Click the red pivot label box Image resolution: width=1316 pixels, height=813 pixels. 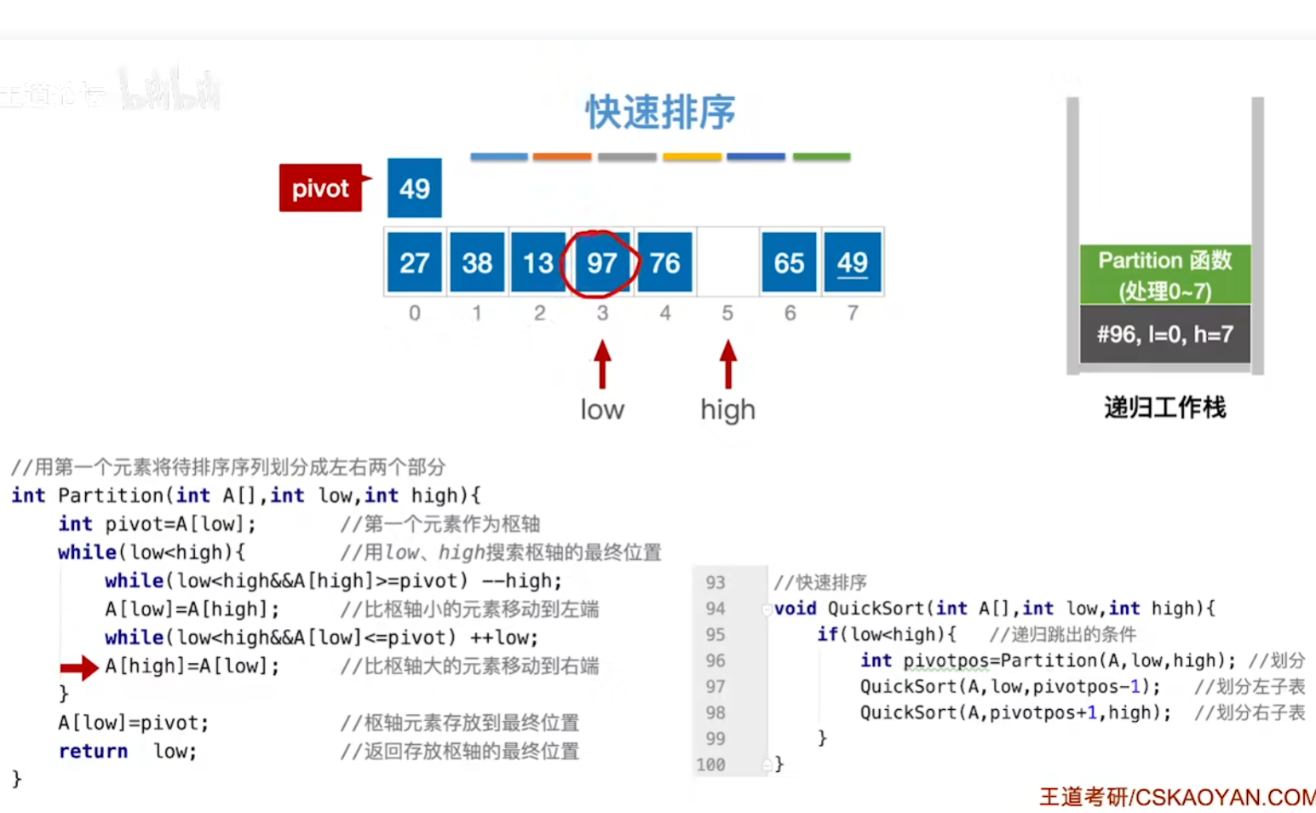(x=320, y=187)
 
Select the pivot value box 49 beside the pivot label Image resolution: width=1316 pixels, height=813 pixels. (x=415, y=187)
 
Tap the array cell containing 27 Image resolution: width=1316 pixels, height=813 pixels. (x=415, y=262)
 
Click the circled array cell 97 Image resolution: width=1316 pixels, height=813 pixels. (x=601, y=262)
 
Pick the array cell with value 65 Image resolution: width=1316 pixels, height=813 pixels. (x=789, y=262)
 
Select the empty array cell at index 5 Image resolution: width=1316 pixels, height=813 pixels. (x=727, y=262)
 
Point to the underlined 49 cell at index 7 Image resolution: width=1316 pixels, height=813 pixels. (x=852, y=262)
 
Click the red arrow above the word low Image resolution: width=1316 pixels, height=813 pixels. (x=602, y=365)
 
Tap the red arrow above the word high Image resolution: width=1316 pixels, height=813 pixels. (x=727, y=365)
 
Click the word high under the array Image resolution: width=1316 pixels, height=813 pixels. (x=727, y=410)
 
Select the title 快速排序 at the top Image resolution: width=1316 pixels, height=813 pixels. (x=660, y=112)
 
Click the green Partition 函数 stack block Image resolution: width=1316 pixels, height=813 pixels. (x=1164, y=274)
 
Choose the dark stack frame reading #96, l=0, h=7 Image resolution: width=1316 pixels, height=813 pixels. (x=1164, y=334)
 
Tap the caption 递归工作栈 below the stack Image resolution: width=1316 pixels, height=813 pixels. (x=1164, y=407)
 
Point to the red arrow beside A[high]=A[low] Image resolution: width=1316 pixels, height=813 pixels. (x=79, y=667)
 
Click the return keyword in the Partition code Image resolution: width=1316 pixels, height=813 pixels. (x=93, y=751)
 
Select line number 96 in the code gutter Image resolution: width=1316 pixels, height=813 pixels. (x=715, y=660)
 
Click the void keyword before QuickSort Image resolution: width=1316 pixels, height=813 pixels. (x=795, y=608)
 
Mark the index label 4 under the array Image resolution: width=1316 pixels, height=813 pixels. (x=665, y=314)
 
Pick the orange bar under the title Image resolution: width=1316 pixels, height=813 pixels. (x=562, y=157)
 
